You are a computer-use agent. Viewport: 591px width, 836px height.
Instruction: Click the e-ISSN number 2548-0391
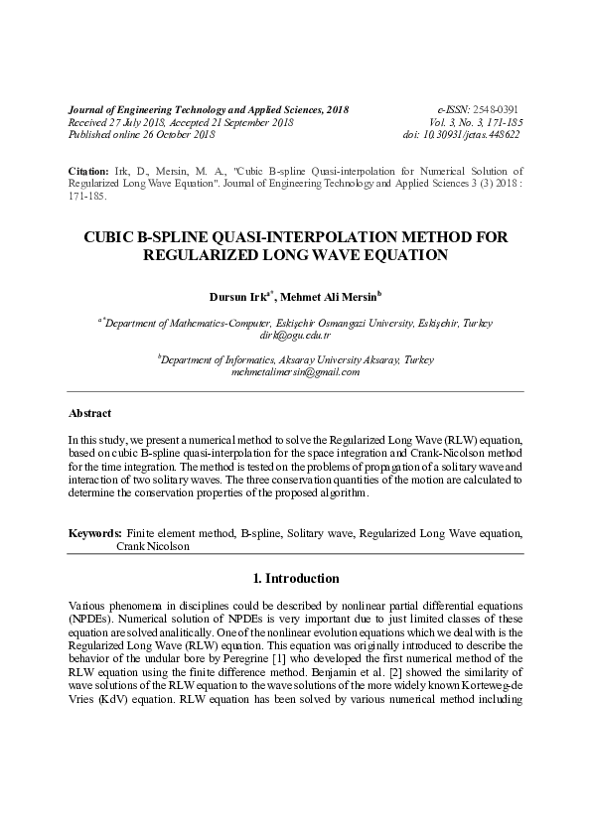point(497,108)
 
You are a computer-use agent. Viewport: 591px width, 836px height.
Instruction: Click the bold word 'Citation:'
point(88,172)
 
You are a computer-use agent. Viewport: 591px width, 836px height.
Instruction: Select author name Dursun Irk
point(236,296)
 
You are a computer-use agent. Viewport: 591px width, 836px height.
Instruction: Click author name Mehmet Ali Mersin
point(323,296)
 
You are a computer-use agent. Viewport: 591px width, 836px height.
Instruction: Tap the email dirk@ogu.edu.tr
point(295,336)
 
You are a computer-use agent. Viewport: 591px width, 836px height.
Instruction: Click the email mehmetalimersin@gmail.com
point(295,372)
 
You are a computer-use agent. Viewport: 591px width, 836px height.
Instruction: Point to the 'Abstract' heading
point(89,413)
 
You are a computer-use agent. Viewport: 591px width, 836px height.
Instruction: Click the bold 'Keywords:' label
point(95,533)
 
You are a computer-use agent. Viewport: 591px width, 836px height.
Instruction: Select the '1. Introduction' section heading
point(296,578)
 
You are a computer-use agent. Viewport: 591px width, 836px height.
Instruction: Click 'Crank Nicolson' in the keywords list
point(152,546)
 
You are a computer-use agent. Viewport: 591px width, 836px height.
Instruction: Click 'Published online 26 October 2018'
point(141,134)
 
